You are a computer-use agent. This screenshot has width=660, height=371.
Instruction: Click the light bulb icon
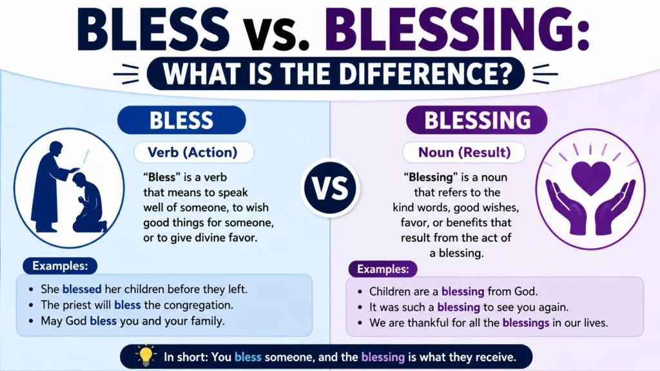(x=145, y=356)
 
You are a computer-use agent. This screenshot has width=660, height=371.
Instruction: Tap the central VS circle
(x=330, y=187)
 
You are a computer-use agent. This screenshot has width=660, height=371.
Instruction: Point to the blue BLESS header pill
(x=181, y=120)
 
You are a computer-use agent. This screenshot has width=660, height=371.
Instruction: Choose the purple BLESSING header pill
(x=476, y=120)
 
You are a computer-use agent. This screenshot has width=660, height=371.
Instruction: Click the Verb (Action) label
(x=193, y=152)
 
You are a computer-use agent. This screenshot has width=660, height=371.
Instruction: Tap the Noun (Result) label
(x=464, y=152)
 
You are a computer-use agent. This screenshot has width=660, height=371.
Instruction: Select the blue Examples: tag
(x=60, y=266)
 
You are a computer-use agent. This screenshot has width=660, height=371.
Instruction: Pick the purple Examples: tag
(x=383, y=269)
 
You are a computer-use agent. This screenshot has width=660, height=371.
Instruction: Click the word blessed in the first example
(x=82, y=289)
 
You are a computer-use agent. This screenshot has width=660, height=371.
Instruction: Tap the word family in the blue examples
(x=206, y=321)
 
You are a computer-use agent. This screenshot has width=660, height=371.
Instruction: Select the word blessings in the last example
(x=526, y=323)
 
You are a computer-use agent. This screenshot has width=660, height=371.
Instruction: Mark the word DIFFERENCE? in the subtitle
(x=425, y=73)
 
